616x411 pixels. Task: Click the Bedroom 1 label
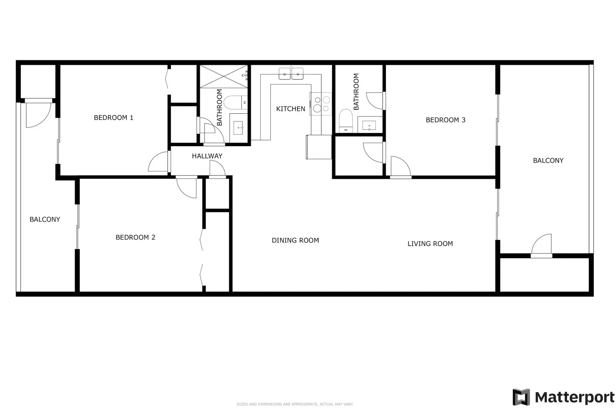click(x=114, y=118)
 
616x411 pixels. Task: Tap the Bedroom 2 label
click(x=135, y=237)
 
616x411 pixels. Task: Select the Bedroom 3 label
click(x=445, y=120)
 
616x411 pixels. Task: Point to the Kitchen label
click(x=291, y=109)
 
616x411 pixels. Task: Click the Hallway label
click(x=207, y=156)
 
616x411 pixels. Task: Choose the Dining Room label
click(x=295, y=240)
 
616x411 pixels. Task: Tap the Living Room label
click(x=430, y=244)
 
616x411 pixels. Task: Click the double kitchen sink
click(x=291, y=74)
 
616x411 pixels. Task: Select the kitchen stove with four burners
click(x=321, y=104)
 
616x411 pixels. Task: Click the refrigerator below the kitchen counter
click(x=319, y=147)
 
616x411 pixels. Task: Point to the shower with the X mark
click(x=223, y=76)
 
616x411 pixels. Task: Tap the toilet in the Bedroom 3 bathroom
click(x=346, y=121)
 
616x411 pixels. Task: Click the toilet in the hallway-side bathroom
click(x=236, y=103)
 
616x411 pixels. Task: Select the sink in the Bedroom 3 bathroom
click(x=369, y=125)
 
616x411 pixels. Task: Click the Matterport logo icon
click(x=521, y=397)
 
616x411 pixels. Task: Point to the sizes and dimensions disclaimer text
click(x=295, y=404)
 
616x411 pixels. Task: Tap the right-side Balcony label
click(x=548, y=160)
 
